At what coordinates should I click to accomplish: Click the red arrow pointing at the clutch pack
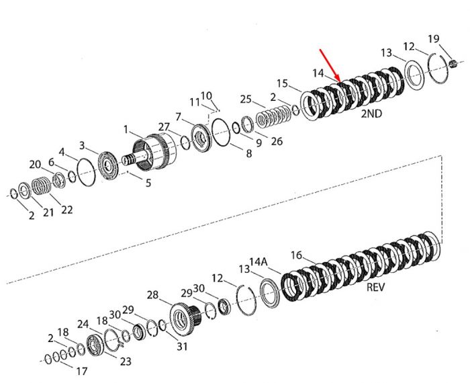330,66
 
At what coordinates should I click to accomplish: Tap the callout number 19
434,39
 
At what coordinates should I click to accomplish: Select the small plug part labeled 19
453,63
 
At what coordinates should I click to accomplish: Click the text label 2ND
371,114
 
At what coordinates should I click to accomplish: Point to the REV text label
375,287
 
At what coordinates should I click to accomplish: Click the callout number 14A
258,261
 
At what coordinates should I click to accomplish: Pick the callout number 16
297,255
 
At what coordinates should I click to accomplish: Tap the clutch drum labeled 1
154,152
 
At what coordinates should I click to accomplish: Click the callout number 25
246,99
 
